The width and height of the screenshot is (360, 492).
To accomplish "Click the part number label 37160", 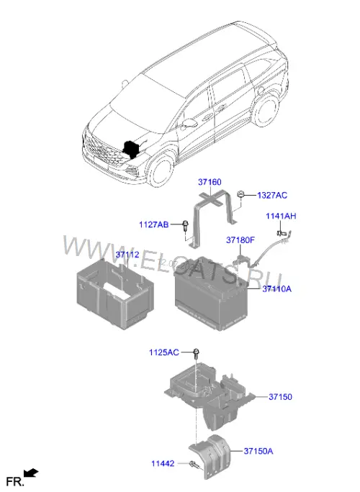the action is point(210,182).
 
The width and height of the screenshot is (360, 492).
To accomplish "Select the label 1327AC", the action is point(272,195).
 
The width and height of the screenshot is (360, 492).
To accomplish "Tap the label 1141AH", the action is point(281,216).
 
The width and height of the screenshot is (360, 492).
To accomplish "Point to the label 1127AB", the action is point(154,224).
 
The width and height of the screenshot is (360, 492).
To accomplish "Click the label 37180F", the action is point(240,240).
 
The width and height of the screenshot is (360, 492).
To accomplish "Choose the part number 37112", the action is point(127,255).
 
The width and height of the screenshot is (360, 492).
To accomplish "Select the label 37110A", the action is point(276,288).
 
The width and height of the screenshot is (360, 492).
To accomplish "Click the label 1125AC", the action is point(164,352).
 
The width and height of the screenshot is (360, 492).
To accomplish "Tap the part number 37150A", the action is point(258,451).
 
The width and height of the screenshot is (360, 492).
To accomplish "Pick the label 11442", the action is point(163,463).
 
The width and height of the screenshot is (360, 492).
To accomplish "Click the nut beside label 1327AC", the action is point(241,194).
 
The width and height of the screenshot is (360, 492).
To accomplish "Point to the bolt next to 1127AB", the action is point(185,226).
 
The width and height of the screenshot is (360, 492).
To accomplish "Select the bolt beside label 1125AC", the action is point(196,354).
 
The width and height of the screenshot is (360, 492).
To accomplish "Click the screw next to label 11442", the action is point(193,465).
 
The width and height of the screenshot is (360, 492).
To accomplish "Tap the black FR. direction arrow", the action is point(31,473).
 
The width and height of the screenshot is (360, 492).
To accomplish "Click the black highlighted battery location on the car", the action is point(131,150).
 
